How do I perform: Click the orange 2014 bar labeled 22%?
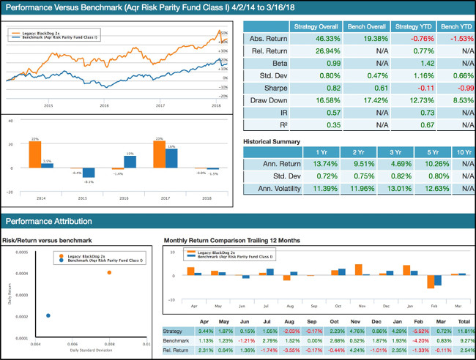point(35,154)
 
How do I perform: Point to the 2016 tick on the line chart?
point(104,105)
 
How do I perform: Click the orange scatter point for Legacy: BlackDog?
point(109,272)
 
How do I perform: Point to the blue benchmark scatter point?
point(48,315)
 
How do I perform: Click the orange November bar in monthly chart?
point(358,269)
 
